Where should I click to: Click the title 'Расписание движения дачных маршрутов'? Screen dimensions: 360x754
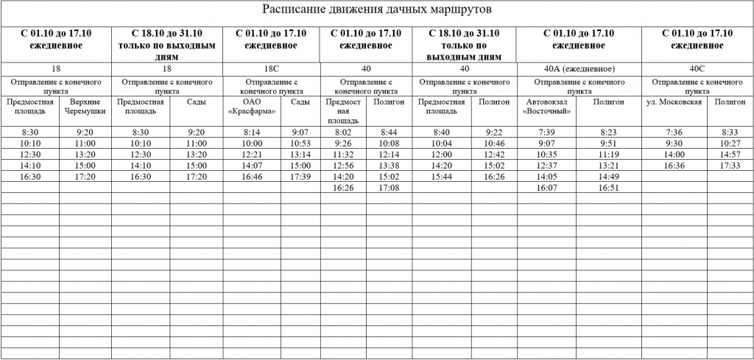click(376, 10)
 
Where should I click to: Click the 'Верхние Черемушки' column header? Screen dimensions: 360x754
click(86, 107)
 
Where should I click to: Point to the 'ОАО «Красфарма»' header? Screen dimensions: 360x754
click(253, 107)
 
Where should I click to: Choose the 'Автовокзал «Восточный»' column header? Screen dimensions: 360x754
click(546, 107)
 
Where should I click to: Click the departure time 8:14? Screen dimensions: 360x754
click(253, 132)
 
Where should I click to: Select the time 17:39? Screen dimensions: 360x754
click(301, 177)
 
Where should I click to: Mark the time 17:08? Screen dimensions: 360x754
click(390, 188)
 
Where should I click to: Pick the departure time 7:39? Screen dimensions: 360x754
click(546, 132)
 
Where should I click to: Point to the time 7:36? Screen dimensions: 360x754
click(674, 132)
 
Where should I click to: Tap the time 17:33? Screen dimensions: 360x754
click(730, 166)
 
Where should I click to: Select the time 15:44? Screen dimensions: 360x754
click(442, 177)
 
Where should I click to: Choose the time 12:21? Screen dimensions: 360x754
click(253, 155)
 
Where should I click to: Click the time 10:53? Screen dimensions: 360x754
click(301, 143)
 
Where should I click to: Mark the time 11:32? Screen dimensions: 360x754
click(343, 155)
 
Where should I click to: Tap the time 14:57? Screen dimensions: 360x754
click(730, 155)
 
